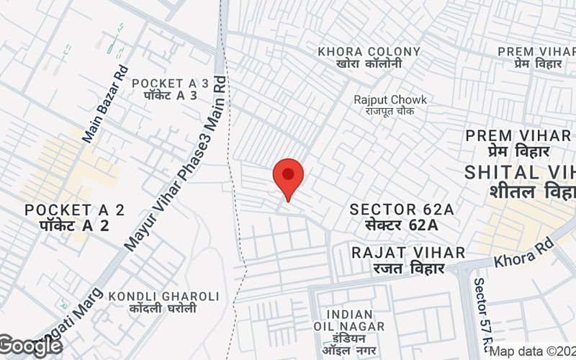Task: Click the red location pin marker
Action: (x=288, y=177)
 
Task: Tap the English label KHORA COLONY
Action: (x=369, y=52)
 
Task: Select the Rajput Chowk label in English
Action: (x=390, y=100)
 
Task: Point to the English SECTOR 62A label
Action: (x=402, y=210)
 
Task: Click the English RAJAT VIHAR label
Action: (x=408, y=253)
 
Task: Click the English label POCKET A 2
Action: (x=75, y=210)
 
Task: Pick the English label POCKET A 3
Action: (x=170, y=84)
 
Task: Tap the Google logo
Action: (x=30, y=346)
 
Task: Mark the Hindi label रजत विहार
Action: (x=408, y=269)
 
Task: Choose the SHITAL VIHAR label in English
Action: (x=521, y=172)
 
